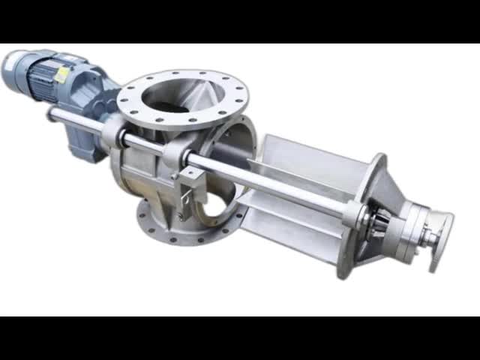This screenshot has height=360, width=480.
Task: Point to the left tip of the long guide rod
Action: [52, 113]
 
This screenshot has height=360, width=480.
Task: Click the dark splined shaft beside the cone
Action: [379, 224]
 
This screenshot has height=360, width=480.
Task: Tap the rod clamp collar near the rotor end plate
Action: [352, 213]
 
